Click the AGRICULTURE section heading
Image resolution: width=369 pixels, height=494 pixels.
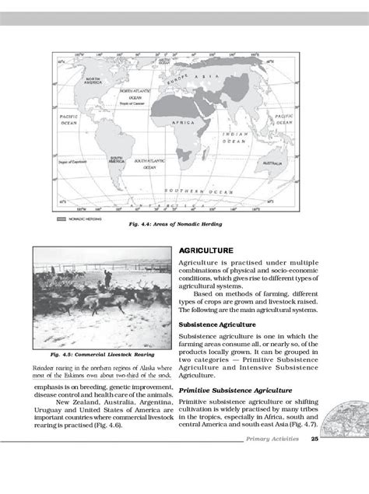pos(206,252)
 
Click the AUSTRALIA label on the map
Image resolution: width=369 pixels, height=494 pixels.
pos(272,164)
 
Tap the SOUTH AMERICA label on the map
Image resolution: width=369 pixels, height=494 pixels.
pos(117,159)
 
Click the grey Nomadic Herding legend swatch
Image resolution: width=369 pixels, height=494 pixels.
pos(61,220)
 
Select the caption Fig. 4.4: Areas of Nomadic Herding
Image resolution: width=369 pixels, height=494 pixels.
pos(177,225)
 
